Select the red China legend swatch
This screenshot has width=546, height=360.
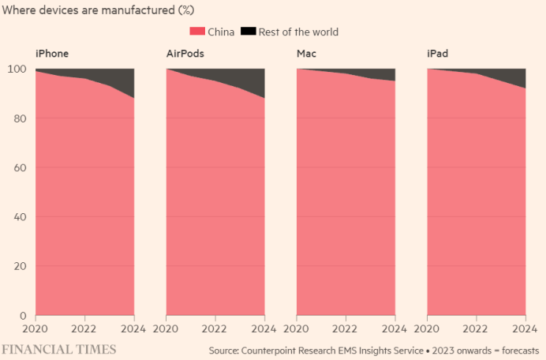point(196,32)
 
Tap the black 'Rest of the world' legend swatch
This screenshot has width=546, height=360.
point(248,32)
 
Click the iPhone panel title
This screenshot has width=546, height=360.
point(52,54)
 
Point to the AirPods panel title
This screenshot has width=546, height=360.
point(188,54)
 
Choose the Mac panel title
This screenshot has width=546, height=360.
point(307,54)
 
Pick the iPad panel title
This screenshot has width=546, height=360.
point(439,54)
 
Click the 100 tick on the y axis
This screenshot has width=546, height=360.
point(16,69)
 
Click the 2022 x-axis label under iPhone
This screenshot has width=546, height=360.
point(84,328)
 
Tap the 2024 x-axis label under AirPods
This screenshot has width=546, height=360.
point(264,328)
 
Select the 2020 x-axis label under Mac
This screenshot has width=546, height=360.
point(297,328)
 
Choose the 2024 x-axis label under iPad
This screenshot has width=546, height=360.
point(525,328)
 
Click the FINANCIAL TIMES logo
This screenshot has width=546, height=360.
point(58,348)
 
